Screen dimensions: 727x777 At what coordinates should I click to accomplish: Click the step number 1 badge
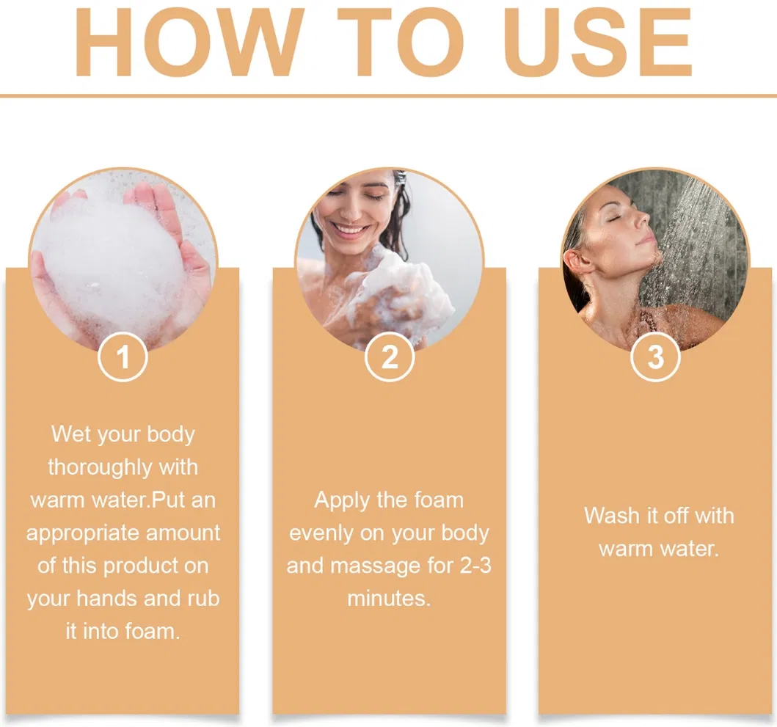123,357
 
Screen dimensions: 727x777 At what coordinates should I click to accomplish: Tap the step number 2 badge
390,357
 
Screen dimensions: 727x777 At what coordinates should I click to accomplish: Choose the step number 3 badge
656,357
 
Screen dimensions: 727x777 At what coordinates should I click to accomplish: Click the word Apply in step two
340,501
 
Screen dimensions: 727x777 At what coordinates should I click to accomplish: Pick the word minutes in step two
388,599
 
